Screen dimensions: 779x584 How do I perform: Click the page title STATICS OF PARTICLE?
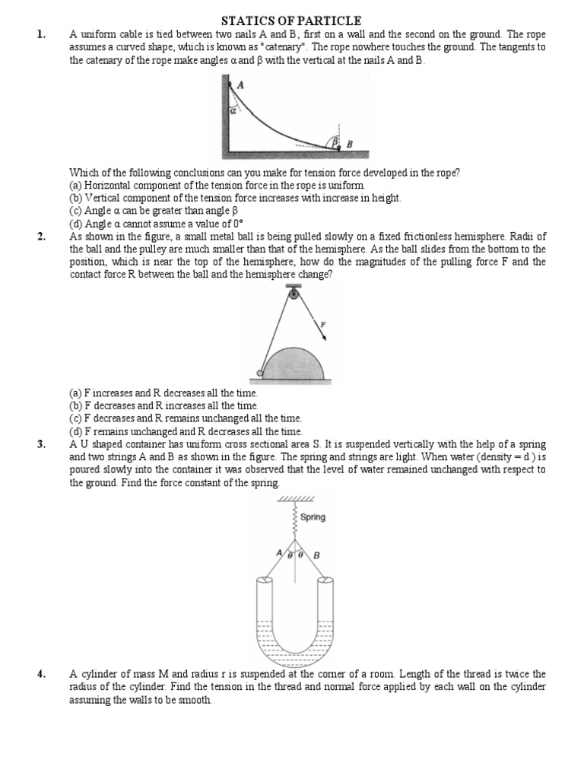click(291, 21)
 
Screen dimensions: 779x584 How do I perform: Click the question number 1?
click(40, 34)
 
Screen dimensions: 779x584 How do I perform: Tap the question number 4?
click(40, 673)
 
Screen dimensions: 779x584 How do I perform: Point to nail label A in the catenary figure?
click(240, 85)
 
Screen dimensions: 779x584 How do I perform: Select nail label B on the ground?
click(350, 143)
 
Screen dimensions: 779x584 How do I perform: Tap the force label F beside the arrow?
click(323, 324)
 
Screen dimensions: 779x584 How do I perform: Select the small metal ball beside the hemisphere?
click(260, 374)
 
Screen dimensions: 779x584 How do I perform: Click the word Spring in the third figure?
click(313, 517)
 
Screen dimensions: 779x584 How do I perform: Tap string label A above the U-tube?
click(279, 552)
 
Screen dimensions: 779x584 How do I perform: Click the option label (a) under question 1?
click(75, 185)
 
